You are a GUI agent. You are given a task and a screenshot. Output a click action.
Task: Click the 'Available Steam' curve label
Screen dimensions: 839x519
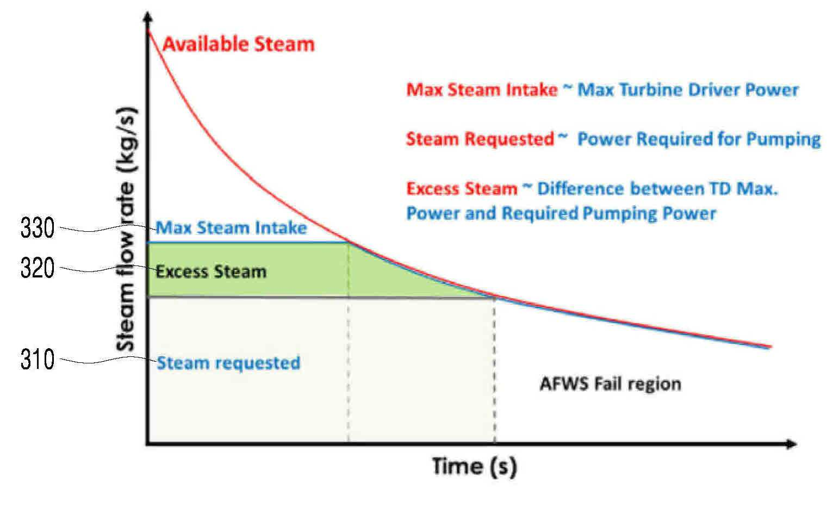[x=239, y=44]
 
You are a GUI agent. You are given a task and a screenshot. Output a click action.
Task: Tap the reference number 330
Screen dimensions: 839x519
[x=38, y=227]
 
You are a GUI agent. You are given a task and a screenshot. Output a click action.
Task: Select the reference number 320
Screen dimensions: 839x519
[x=38, y=268]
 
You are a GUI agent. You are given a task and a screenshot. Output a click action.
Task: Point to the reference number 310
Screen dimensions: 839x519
[x=38, y=360]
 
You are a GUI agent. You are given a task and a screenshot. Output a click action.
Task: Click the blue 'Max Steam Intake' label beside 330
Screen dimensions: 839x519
[x=232, y=227]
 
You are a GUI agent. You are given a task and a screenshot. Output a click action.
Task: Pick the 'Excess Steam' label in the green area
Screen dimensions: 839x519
[x=212, y=271]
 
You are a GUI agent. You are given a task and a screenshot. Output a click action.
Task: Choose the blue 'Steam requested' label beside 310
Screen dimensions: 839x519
[x=228, y=363]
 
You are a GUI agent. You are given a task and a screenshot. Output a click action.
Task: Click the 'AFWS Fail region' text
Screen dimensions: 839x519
[x=611, y=384]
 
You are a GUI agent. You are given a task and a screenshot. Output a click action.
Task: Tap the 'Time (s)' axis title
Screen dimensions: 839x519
[x=475, y=467]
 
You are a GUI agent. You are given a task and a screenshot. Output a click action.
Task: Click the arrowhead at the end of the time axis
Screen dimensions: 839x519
[x=791, y=444]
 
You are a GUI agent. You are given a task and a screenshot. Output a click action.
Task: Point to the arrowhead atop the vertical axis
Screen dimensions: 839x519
[x=148, y=17]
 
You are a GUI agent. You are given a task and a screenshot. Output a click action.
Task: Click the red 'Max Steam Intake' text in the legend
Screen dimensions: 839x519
[x=482, y=90]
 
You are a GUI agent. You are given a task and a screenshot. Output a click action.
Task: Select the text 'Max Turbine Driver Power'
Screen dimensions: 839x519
[x=688, y=90]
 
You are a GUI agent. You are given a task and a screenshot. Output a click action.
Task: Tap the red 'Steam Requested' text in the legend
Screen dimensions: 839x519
[x=481, y=139]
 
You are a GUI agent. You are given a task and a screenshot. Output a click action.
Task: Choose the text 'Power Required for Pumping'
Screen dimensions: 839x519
[x=699, y=139]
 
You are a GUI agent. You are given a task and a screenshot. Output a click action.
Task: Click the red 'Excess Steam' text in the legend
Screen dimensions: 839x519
[x=462, y=188]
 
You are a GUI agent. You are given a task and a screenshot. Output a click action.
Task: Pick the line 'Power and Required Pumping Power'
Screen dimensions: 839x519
[x=562, y=214]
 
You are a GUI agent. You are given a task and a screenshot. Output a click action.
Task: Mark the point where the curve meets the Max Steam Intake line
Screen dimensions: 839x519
[x=349, y=243]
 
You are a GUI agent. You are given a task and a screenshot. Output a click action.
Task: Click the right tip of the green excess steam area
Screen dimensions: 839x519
[x=494, y=297]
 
